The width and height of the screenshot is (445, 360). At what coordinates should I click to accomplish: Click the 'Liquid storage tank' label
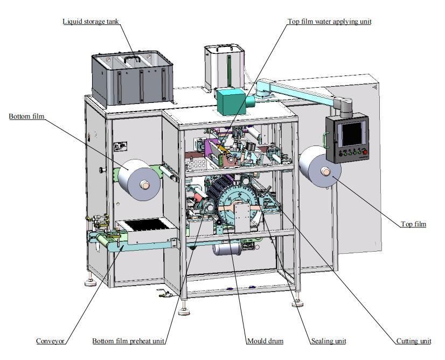pyautogui.click(x=91, y=22)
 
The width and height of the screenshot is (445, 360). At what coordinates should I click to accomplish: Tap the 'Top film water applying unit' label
pyautogui.click(x=329, y=22)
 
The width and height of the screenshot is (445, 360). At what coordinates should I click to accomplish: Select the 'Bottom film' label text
pyautogui.click(x=26, y=116)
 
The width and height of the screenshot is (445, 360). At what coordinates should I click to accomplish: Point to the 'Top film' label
pyautogui.click(x=413, y=224)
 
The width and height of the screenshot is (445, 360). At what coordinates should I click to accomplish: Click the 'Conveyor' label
pyautogui.click(x=51, y=341)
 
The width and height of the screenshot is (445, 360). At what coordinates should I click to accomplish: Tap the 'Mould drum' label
pyautogui.click(x=265, y=341)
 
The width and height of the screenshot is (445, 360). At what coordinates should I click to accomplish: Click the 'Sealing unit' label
pyautogui.click(x=328, y=341)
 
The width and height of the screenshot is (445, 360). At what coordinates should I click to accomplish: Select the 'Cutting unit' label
pyautogui.click(x=414, y=341)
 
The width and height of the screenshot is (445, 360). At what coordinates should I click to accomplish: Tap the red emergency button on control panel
pyautogui.click(x=365, y=153)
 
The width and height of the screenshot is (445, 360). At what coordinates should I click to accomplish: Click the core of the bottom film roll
pyautogui.click(x=144, y=184)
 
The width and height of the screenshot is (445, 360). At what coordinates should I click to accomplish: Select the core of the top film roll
pyautogui.click(x=325, y=172)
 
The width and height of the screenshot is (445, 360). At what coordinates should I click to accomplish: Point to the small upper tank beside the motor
pyautogui.click(x=224, y=66)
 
